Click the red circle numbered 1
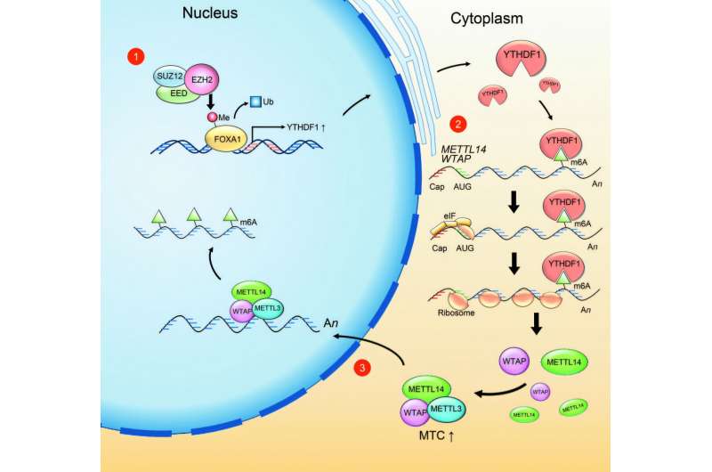(x=136, y=56)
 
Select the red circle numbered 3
(x=361, y=368)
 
